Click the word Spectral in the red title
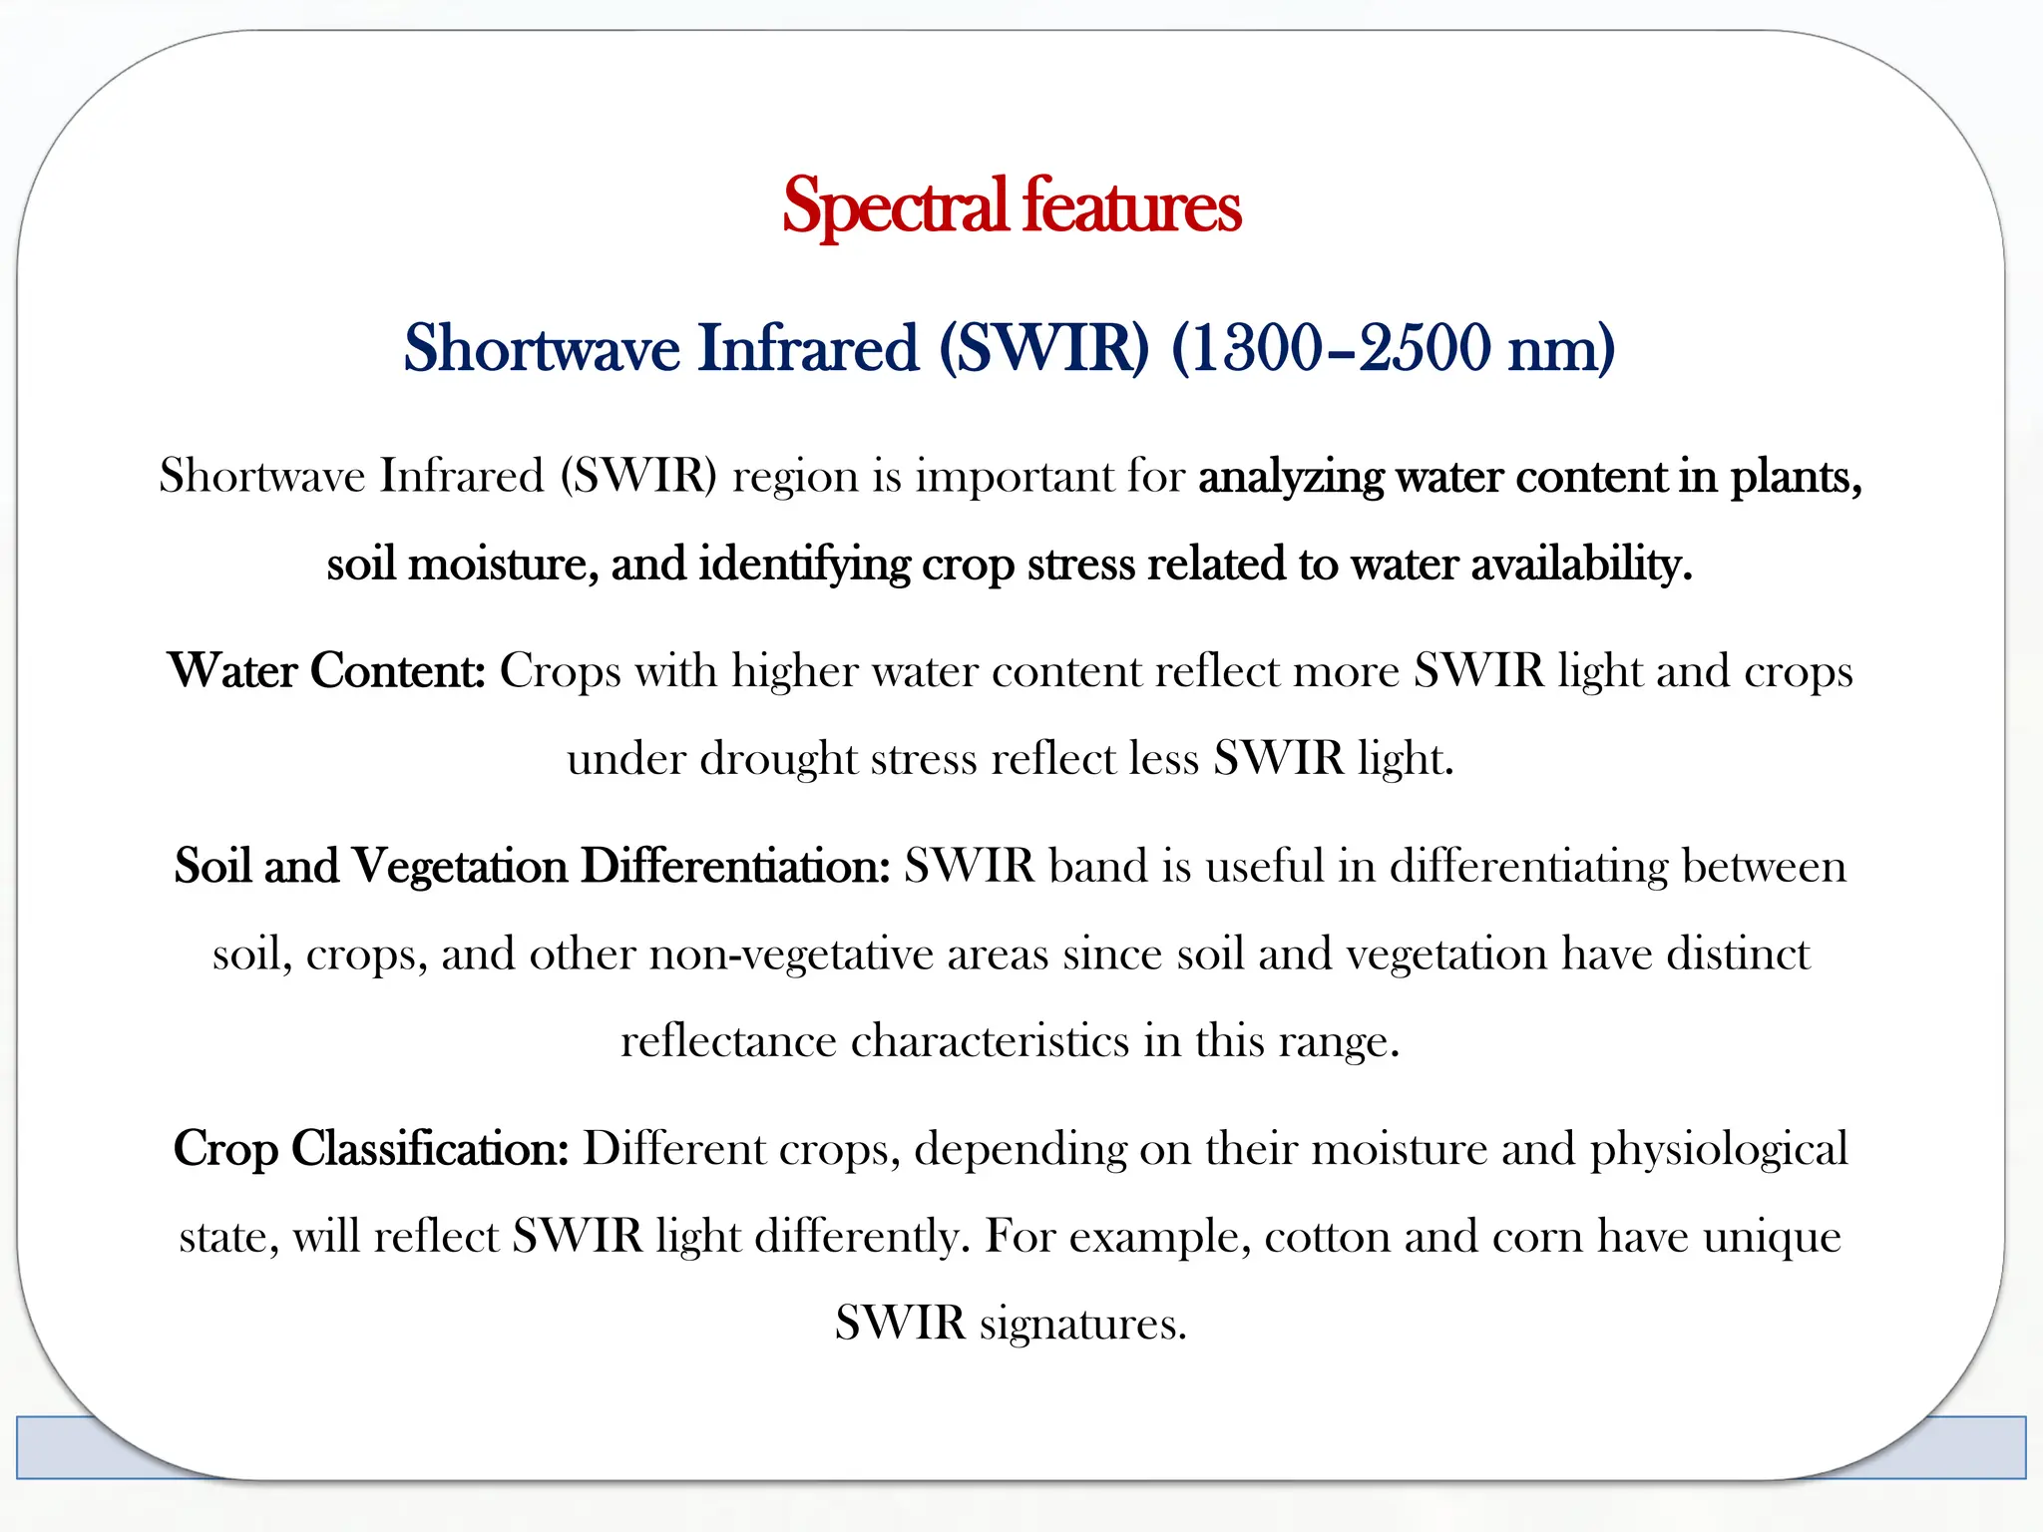tap(895, 206)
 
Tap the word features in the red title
tap(1131, 206)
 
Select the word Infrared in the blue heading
tap(807, 348)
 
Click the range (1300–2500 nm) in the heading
tap(1393, 348)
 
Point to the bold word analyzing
tap(1291, 477)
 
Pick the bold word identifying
tap(804, 565)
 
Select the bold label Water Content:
tap(326, 670)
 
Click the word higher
tap(794, 670)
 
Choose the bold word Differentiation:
tap(735, 866)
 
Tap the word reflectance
tap(728, 1041)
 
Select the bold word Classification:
tap(430, 1148)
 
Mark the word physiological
tap(1719, 1148)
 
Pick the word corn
tap(1537, 1237)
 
